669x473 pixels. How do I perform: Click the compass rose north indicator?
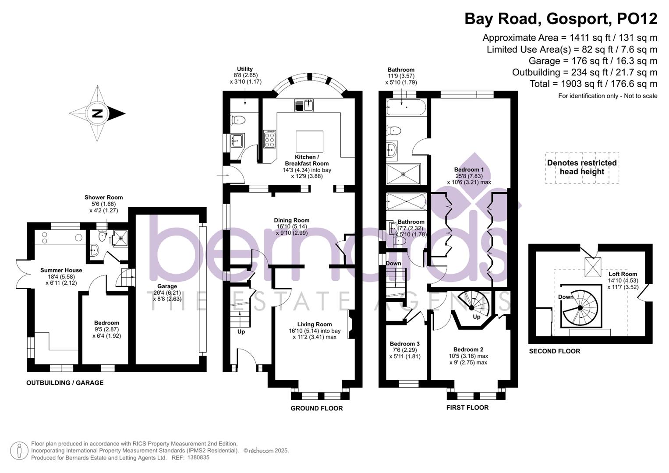click(x=97, y=114)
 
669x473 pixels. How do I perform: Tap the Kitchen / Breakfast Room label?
click(x=306, y=160)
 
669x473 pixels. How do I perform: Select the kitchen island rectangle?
click(x=309, y=141)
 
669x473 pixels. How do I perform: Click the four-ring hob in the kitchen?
click(x=269, y=139)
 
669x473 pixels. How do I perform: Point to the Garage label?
click(x=167, y=286)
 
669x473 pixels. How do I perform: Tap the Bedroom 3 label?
click(x=404, y=344)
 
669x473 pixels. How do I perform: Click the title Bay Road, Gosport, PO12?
click(x=560, y=19)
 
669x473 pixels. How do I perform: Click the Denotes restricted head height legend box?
click(x=582, y=167)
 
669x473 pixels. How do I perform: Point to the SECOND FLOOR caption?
click(x=554, y=351)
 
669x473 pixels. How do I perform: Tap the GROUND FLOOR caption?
click(x=316, y=408)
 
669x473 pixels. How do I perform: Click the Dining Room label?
click(x=292, y=220)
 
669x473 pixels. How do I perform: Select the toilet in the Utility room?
click(x=238, y=119)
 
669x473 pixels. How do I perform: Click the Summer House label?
click(x=61, y=270)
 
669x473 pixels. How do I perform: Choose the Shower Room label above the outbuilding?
click(x=103, y=198)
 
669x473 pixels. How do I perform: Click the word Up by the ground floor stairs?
click(x=241, y=332)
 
